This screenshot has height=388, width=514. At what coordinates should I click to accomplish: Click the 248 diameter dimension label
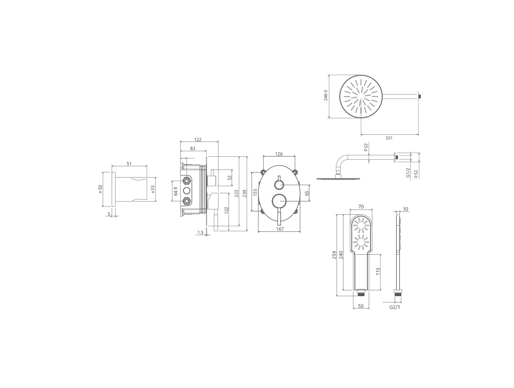coord(326,95)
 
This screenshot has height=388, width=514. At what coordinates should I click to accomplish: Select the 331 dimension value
coord(389,138)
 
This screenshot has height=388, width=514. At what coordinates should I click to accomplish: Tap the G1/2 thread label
coord(408,172)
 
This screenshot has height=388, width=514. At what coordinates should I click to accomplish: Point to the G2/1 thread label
coord(395,307)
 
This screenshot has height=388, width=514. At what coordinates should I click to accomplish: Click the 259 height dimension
coord(334,255)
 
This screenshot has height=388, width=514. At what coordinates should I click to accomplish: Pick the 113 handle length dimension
coord(378,271)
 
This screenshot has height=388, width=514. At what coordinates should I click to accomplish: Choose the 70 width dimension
coord(361,207)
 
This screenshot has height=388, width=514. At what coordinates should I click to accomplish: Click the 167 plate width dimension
coord(280,229)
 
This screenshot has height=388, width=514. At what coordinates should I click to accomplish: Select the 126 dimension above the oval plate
coord(279,154)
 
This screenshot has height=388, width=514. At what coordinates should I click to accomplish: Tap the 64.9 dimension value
coord(176,191)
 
